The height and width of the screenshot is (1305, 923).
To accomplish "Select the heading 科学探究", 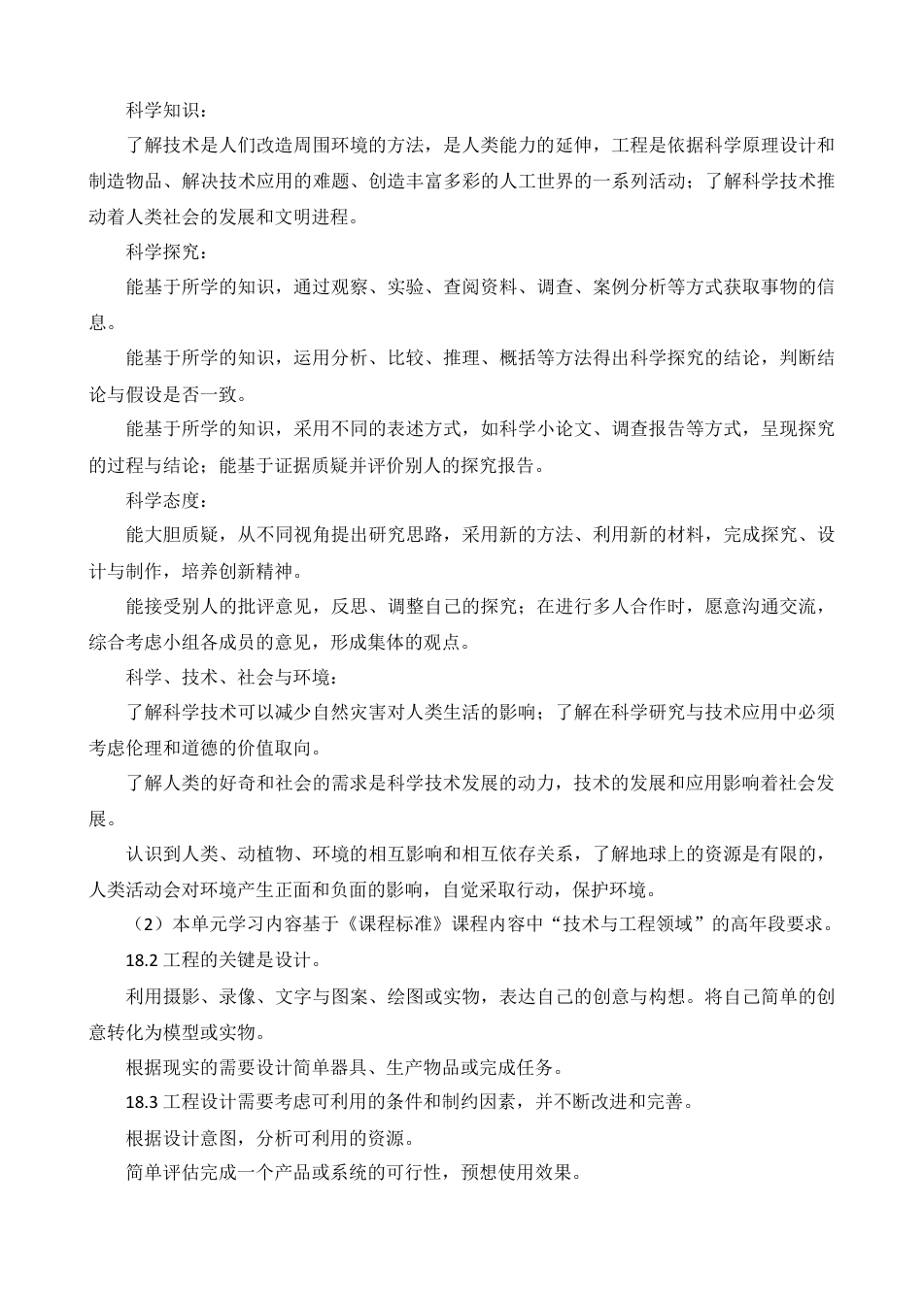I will tap(161, 251).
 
